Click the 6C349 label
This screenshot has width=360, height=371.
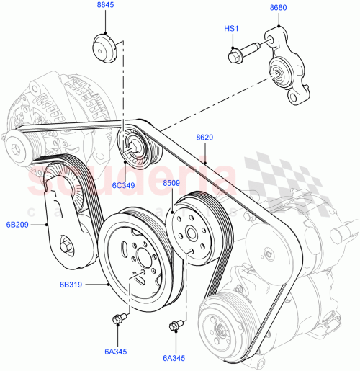coord(123,185)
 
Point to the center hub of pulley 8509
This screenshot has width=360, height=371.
coord(191,233)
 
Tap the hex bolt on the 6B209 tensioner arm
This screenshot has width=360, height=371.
coord(66,247)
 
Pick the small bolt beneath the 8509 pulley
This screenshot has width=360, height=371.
coord(174,326)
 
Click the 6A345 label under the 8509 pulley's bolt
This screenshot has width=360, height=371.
coord(175,357)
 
